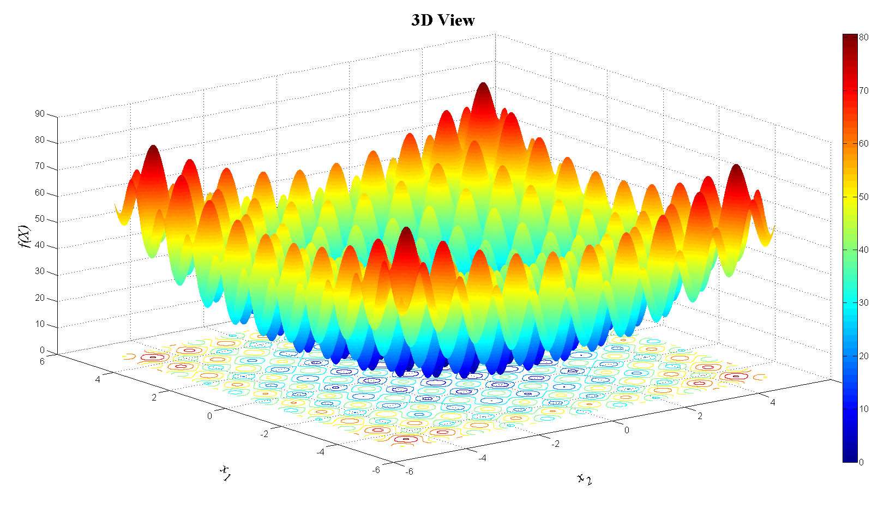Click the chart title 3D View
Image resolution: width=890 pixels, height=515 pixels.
click(443, 20)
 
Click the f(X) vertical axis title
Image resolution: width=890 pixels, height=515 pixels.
click(25, 237)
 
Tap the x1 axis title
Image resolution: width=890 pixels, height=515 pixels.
click(225, 472)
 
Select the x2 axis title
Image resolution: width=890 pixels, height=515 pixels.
click(584, 479)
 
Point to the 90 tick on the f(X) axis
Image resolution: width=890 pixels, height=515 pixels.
click(40, 114)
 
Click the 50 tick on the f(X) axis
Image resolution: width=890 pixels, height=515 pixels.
click(40, 219)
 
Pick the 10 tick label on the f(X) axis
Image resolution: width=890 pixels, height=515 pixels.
click(40, 324)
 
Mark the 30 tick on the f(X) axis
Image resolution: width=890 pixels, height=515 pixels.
click(40, 271)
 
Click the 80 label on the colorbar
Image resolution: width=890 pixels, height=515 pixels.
click(864, 38)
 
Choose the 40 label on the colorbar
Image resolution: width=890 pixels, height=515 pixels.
click(864, 250)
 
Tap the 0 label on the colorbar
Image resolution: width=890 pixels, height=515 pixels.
click(862, 462)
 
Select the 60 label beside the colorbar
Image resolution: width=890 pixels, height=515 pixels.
click(864, 143)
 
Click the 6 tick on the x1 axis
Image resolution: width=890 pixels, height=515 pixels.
click(42, 361)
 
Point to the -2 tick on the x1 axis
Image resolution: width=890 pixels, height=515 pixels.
click(264, 434)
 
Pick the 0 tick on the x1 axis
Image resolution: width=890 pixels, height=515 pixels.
click(209, 416)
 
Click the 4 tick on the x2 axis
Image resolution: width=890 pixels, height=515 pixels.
click(772, 402)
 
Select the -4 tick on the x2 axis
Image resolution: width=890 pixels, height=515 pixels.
click(482, 458)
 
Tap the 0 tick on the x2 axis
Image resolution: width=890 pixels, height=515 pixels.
click(627, 430)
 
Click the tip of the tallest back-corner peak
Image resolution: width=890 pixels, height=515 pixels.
click(483, 84)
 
